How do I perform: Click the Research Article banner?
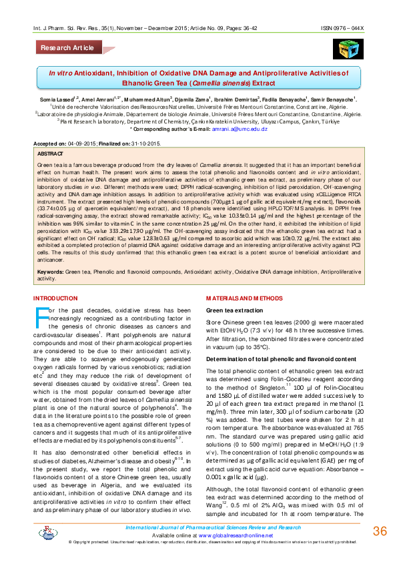click(x=68, y=48)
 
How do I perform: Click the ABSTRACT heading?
click(x=51, y=153)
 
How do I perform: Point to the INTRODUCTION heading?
click(x=59, y=298)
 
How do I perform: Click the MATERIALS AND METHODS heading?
click(x=244, y=298)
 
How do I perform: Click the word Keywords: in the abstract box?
click(x=51, y=272)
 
